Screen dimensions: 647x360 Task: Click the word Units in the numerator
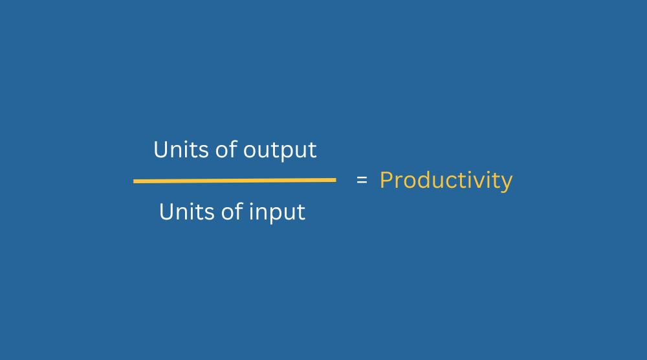(x=181, y=150)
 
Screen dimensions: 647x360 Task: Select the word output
(x=280, y=151)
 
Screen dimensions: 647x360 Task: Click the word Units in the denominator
(x=186, y=212)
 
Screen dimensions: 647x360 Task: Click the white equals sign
(x=362, y=180)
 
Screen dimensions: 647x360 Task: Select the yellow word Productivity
(x=446, y=181)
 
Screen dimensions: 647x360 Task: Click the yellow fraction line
(x=235, y=181)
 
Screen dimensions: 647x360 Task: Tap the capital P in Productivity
(x=386, y=180)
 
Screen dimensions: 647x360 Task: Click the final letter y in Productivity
(x=507, y=183)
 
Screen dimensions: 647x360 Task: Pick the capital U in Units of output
(x=160, y=150)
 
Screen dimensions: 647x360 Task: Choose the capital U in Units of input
(x=166, y=212)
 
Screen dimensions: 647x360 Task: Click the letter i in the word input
(x=251, y=211)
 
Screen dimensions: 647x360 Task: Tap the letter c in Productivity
(x=454, y=182)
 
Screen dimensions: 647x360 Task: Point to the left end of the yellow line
(x=134, y=181)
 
